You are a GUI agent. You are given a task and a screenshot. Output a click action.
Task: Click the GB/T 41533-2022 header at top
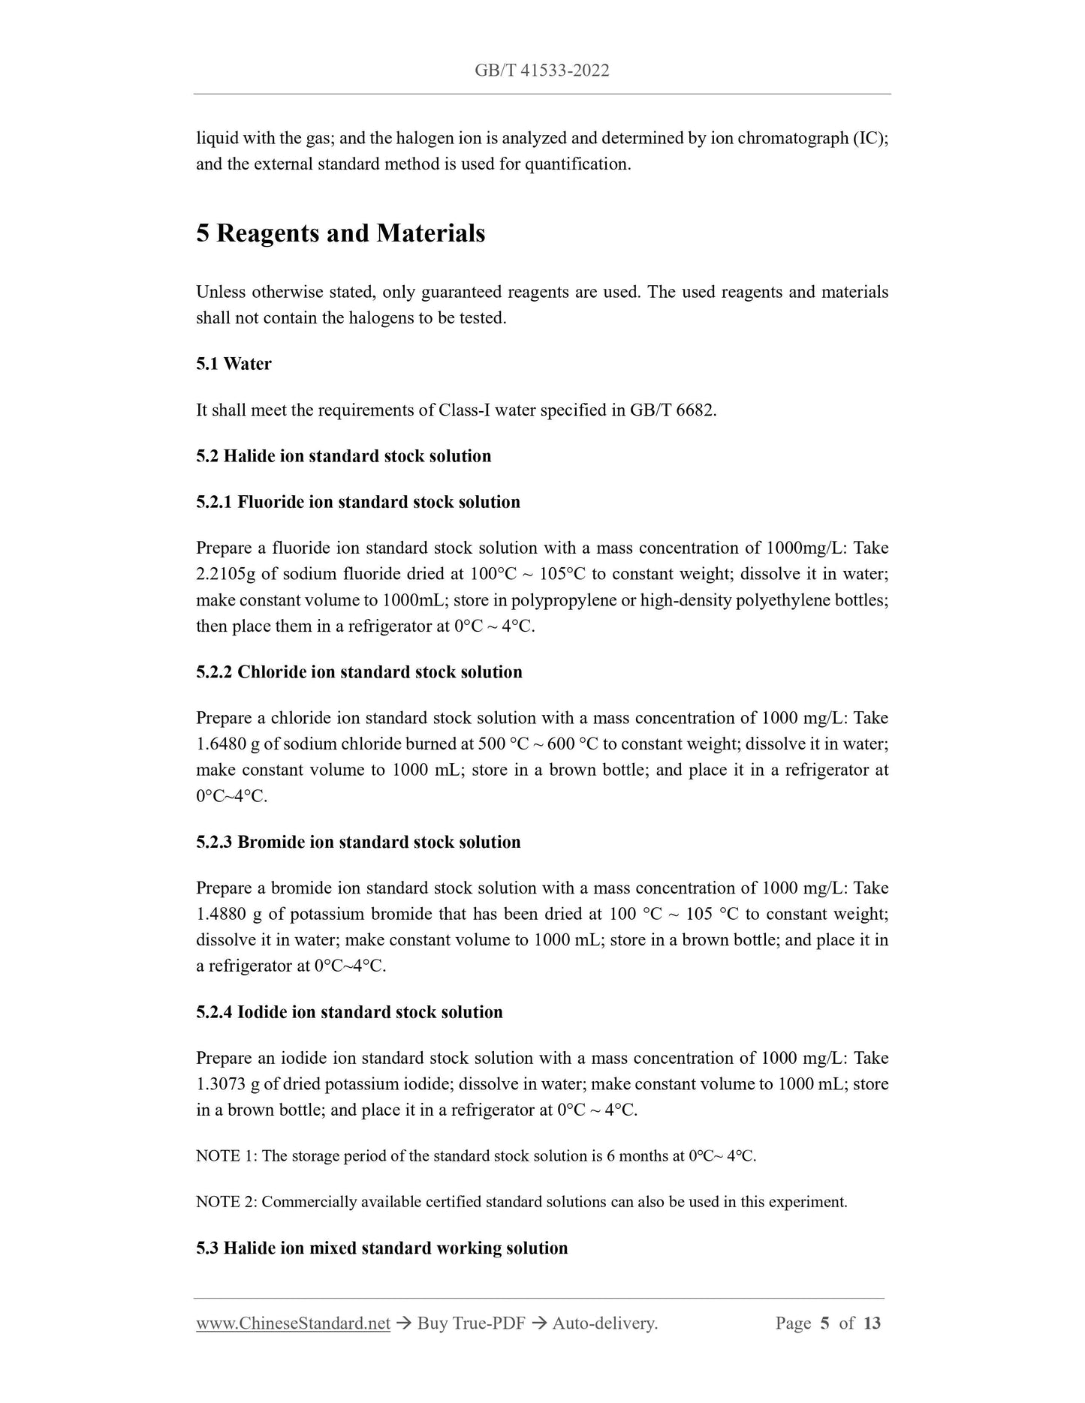point(541,71)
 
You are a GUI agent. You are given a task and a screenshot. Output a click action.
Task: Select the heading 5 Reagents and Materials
point(340,233)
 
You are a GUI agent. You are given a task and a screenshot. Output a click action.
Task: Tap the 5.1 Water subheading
point(234,364)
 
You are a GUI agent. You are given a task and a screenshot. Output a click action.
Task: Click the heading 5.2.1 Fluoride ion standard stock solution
point(357,502)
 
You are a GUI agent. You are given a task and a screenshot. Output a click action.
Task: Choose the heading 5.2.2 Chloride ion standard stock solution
point(359,672)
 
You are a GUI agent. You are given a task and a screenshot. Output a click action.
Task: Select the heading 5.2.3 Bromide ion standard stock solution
point(358,842)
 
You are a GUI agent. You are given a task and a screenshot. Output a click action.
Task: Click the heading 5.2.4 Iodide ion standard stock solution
point(349,1012)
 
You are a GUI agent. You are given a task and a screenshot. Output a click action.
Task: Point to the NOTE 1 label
point(226,1156)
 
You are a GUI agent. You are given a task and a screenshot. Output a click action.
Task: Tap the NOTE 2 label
point(226,1202)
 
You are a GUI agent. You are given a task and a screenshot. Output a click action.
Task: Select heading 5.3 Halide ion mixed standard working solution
point(381,1248)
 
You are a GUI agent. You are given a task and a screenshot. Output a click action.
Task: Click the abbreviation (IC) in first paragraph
point(870,138)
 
